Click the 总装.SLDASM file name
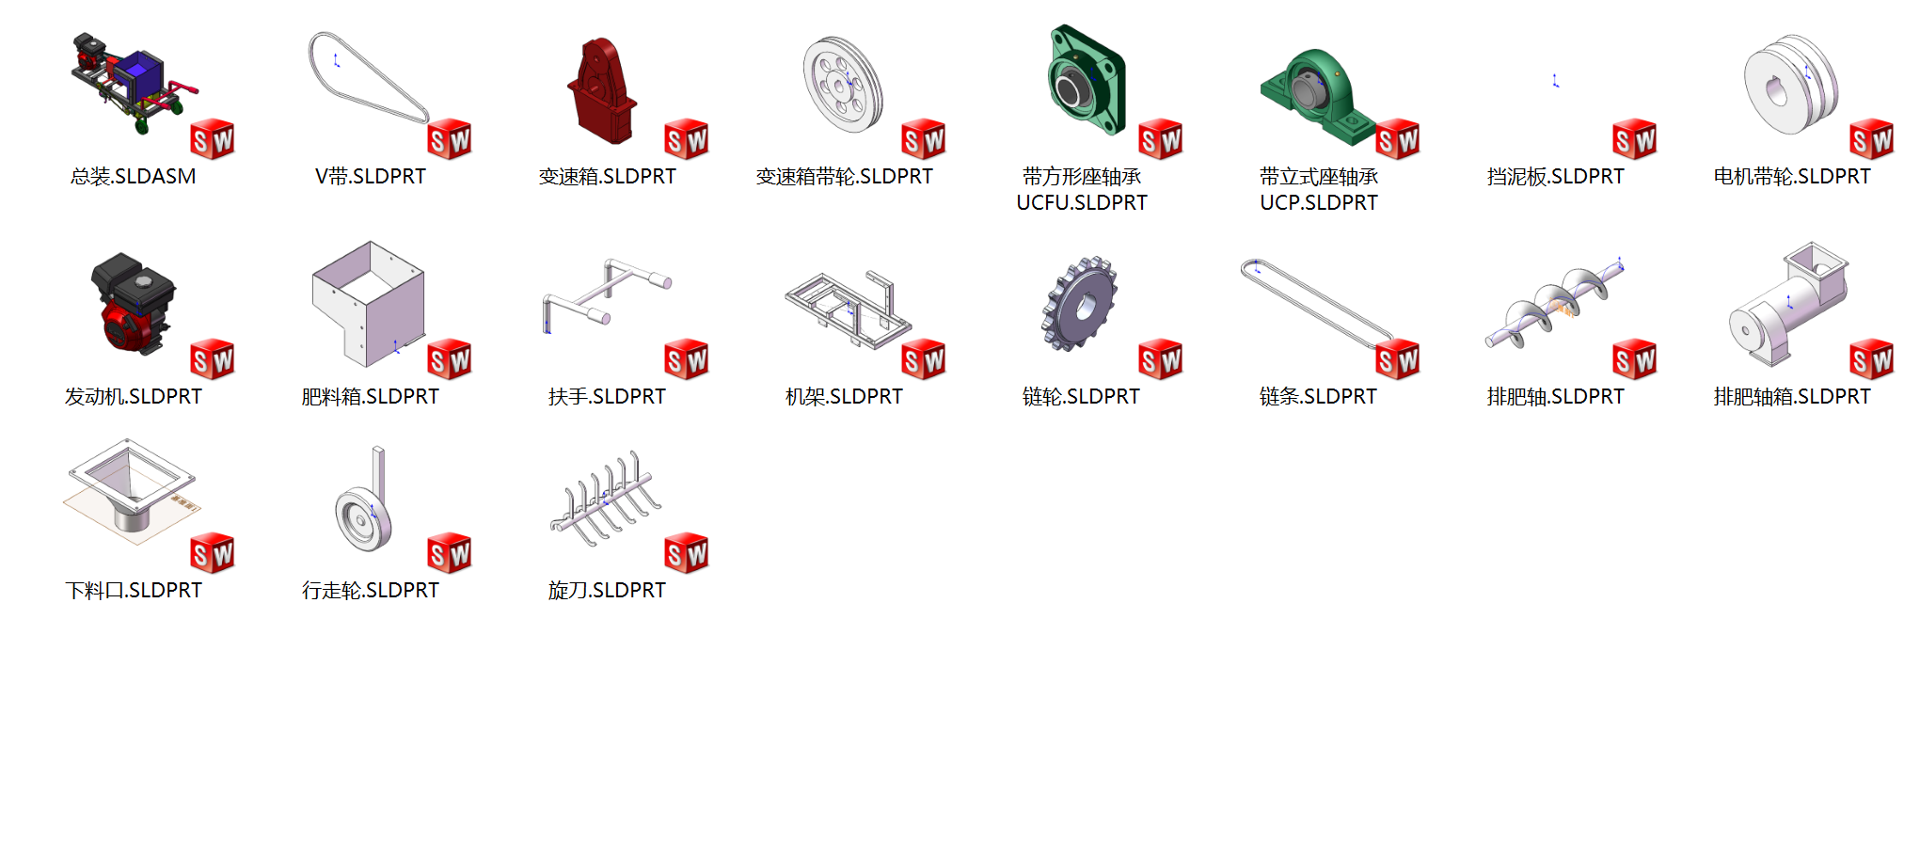coord(133,176)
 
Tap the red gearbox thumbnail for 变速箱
coord(602,90)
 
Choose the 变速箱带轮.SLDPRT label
coord(844,176)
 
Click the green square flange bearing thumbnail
coord(1087,80)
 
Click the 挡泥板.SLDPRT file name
coord(1555,176)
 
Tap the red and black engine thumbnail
coord(133,303)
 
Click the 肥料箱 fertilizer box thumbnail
coord(369,303)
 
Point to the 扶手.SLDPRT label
coord(607,396)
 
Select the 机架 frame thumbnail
coord(847,309)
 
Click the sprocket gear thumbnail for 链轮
coord(1079,304)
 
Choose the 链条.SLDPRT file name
coord(1318,396)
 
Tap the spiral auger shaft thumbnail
coord(1555,303)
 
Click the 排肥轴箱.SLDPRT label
coord(1792,396)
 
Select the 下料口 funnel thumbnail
coord(132,489)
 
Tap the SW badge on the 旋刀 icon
coord(687,553)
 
